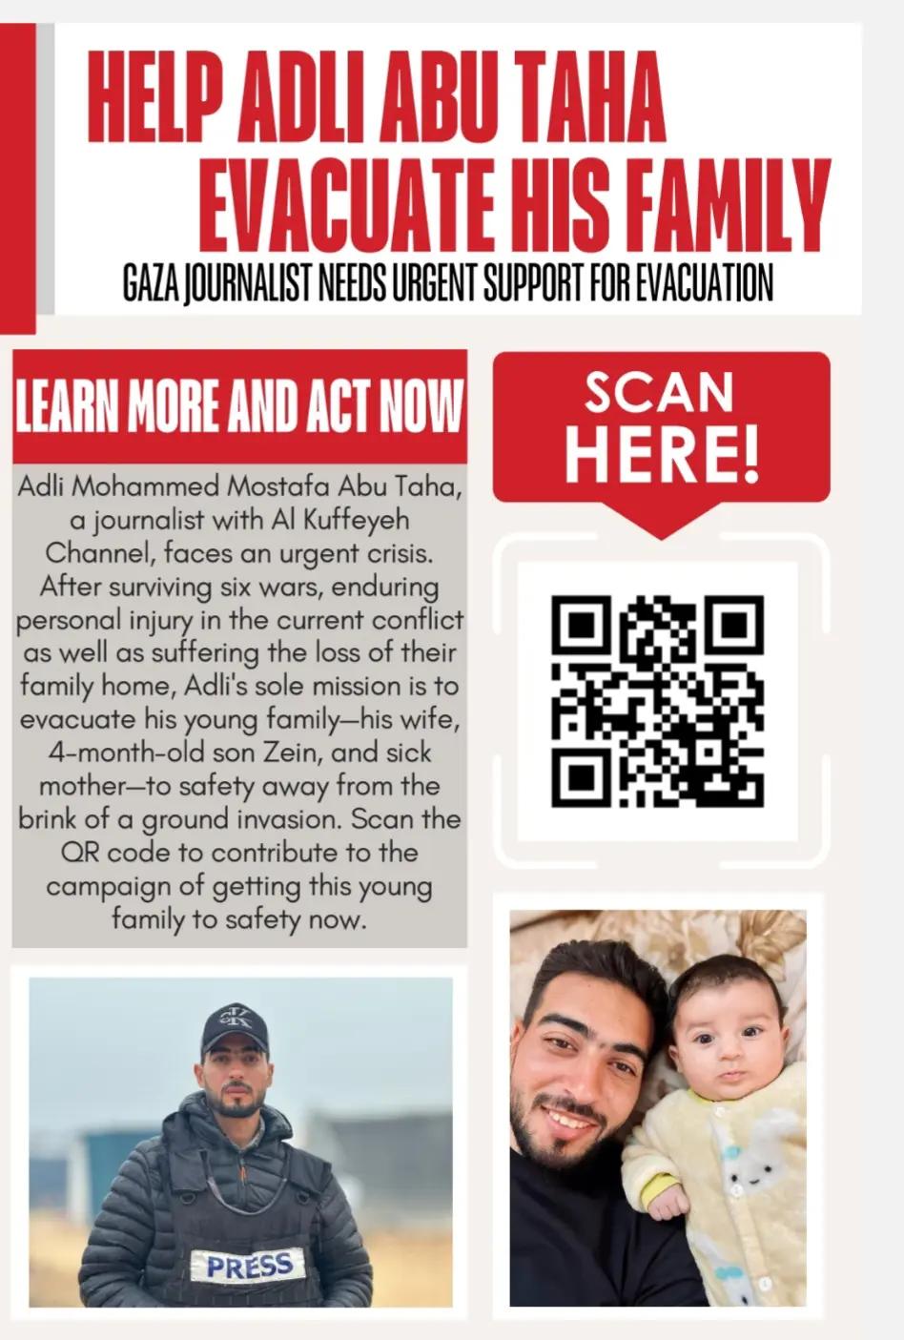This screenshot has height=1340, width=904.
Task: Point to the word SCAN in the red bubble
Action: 660,391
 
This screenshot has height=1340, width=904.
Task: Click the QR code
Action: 658,701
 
